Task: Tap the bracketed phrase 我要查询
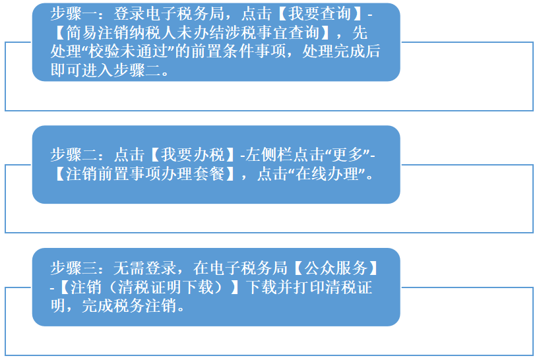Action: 320,14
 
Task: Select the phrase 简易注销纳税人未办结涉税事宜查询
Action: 193,33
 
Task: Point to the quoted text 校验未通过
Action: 129,51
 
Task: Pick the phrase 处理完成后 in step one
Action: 341,51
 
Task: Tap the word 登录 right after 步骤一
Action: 129,14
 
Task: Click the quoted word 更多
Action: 348,155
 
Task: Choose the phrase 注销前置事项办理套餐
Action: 145,174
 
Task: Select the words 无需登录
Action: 145,268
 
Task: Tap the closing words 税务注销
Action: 145,306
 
